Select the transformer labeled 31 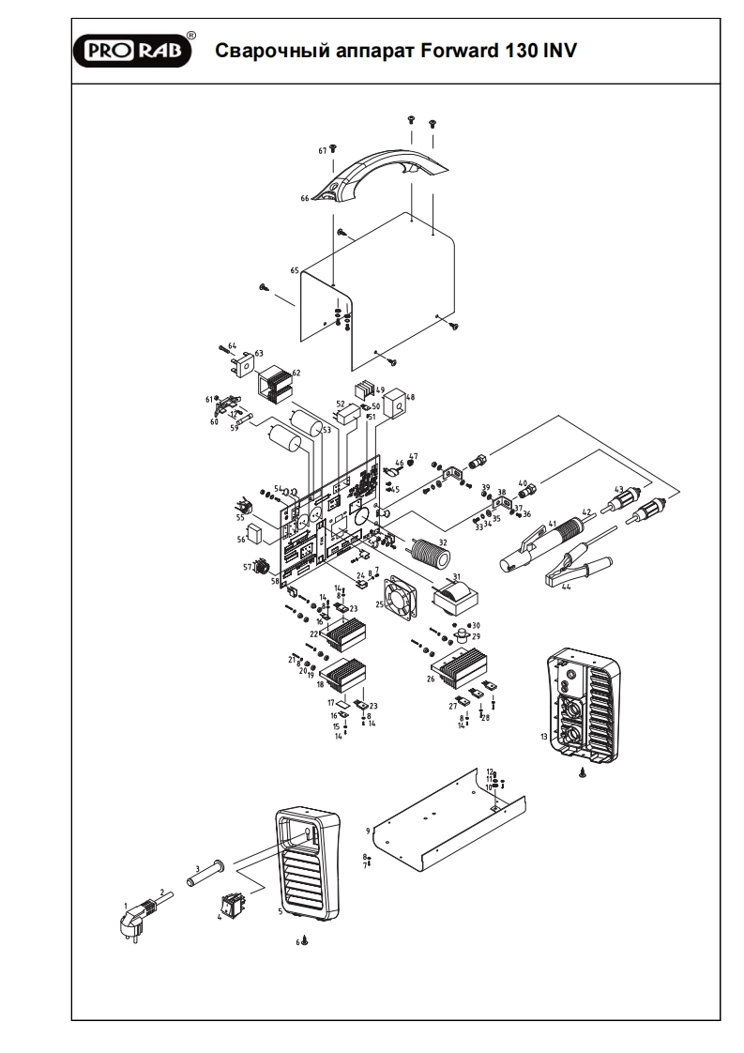point(454,594)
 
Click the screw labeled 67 point(334,150)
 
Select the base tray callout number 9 point(369,831)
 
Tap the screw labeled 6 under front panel point(304,939)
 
